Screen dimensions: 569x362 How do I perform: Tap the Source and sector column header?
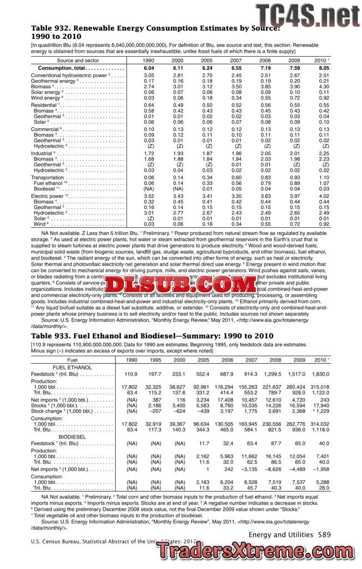78,59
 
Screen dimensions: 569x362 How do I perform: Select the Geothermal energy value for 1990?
149,81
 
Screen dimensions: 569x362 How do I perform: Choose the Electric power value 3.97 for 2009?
294,196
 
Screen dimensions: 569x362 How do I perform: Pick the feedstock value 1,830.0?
320,375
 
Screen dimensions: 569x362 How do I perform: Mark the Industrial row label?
43,153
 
